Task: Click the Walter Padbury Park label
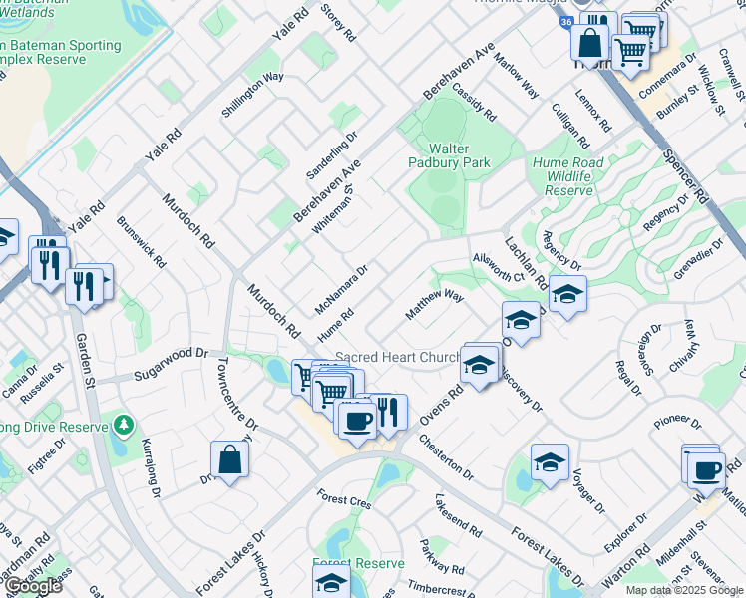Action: click(x=449, y=154)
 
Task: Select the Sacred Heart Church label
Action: click(x=396, y=358)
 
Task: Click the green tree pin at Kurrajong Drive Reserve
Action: click(x=123, y=427)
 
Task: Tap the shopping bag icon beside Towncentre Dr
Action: click(x=229, y=460)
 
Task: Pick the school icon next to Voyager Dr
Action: click(x=549, y=461)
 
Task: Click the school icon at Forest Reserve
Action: click(x=331, y=582)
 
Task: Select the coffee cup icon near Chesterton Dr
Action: click(x=356, y=419)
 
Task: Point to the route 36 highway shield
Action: click(x=565, y=22)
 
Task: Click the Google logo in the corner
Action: click(x=33, y=586)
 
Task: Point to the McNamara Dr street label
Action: click(x=342, y=287)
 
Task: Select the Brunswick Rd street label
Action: click(x=141, y=242)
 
